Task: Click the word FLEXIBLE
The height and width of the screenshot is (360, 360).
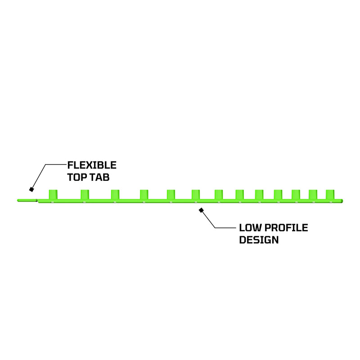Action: (92, 165)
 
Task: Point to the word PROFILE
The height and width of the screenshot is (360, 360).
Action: (286, 228)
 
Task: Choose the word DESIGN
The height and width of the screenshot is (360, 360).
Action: (259, 240)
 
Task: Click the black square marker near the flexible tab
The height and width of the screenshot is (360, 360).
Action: (31, 189)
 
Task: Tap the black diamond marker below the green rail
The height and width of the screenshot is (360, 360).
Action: (201, 210)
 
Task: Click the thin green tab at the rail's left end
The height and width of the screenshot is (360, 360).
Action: (27, 200)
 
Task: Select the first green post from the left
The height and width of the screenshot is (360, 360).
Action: (53, 194)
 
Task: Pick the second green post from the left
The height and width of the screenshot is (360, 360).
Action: (85, 194)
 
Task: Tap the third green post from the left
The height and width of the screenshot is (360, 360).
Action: (115, 194)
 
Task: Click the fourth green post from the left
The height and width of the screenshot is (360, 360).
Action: (144, 194)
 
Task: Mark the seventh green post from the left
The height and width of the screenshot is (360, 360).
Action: (219, 194)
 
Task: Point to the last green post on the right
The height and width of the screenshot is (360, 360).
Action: (330, 194)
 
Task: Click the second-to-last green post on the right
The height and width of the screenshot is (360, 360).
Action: (313, 194)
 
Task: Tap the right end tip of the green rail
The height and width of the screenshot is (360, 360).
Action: (343, 201)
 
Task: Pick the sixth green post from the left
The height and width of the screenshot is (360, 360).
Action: (196, 194)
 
